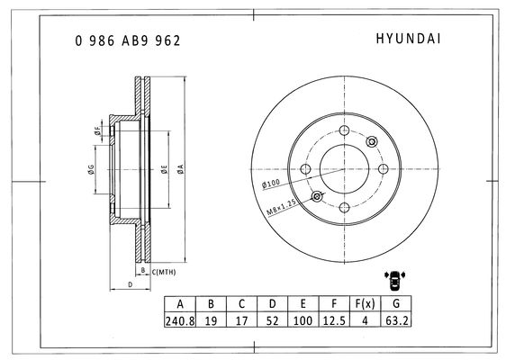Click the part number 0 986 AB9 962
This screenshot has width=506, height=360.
pyautogui.click(x=128, y=40)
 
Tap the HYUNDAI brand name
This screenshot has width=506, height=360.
pyautogui.click(x=408, y=39)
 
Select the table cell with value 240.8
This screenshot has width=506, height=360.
pyautogui.click(x=180, y=320)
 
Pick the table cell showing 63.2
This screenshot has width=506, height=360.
pyautogui.click(x=396, y=320)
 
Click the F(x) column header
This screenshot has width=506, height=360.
pyautogui.click(x=365, y=303)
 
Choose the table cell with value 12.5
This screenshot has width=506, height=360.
pyautogui.click(x=334, y=320)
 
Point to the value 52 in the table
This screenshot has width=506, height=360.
pyautogui.click(x=272, y=320)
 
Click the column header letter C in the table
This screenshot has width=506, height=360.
pyautogui.click(x=241, y=304)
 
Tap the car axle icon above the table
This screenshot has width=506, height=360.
pyautogui.click(x=394, y=279)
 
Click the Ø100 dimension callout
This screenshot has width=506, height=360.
pyautogui.click(x=271, y=184)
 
